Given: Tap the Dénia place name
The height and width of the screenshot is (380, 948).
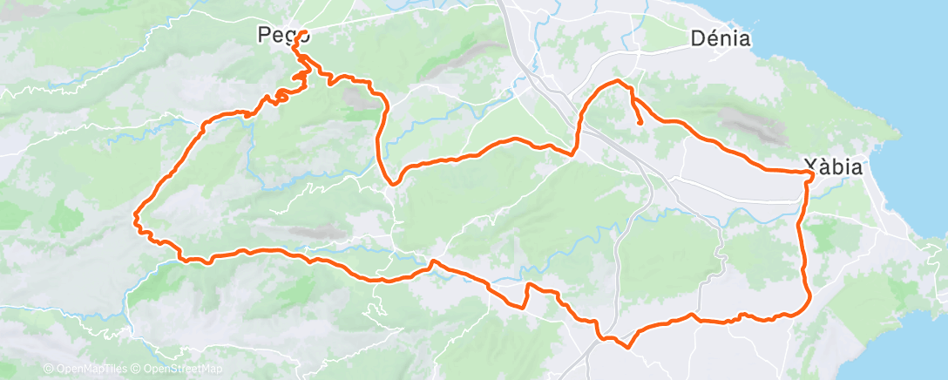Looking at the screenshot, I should [x=720, y=38].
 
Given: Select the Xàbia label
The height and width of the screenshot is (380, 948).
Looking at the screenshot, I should [x=832, y=166].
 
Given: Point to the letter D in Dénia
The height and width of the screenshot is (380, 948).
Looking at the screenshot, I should [x=696, y=38].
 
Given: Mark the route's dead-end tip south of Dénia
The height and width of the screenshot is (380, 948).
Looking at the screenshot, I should [x=641, y=124].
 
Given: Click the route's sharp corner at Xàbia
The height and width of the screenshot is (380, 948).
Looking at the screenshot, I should [x=812, y=174].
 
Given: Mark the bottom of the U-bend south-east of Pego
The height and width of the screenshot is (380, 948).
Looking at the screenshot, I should [x=393, y=183].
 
